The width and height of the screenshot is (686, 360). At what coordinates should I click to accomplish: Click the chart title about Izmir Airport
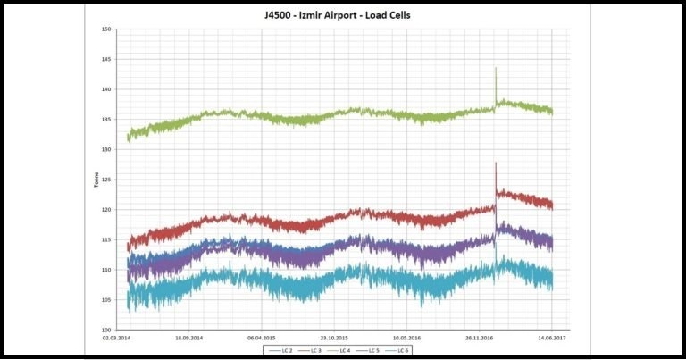(342, 15)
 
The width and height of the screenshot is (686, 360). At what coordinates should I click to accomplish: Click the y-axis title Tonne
(96, 180)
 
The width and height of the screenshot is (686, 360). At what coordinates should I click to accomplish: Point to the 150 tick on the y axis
(106, 29)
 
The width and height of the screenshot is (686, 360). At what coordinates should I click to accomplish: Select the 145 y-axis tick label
(106, 60)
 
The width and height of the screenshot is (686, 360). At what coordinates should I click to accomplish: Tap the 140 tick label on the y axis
(106, 89)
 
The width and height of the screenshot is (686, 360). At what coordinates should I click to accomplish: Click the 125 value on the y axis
(106, 180)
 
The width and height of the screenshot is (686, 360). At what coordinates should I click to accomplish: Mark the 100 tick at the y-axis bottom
(106, 330)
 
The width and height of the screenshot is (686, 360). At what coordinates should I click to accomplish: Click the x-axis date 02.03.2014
(116, 339)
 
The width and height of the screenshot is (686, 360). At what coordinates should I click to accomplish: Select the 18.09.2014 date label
(189, 339)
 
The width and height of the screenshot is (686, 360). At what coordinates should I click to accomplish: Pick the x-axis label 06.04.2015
(261, 339)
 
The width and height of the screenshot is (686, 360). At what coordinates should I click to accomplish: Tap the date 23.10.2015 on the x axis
(334, 339)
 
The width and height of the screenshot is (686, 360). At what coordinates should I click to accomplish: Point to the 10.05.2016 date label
(406, 339)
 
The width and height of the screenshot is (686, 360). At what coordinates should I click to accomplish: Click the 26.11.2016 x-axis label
(479, 339)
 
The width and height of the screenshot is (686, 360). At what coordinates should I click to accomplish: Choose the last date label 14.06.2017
(551, 339)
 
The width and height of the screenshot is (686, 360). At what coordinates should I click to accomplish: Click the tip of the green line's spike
(496, 68)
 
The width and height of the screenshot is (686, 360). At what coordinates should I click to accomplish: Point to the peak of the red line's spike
(496, 163)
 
